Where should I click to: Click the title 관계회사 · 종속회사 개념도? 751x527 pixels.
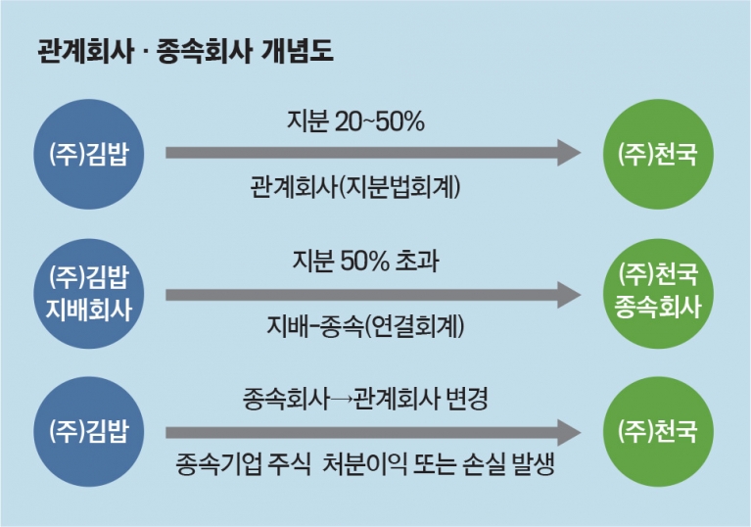click(185, 51)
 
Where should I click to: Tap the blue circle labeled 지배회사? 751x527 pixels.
click(88, 294)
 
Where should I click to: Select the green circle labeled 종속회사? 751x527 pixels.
click(658, 293)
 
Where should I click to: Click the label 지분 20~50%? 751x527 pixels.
click(355, 121)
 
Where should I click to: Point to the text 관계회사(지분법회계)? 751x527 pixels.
click(354, 187)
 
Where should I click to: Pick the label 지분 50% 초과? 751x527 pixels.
click(365, 262)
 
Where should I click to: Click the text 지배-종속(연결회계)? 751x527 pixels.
click(365, 327)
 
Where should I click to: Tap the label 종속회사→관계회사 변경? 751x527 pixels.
click(365, 399)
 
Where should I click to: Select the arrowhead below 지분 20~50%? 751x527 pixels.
click(569, 153)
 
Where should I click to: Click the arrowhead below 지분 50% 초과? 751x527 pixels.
click(569, 295)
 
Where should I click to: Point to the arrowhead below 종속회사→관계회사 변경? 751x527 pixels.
click(569, 433)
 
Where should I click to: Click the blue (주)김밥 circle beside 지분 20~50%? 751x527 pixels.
click(88, 154)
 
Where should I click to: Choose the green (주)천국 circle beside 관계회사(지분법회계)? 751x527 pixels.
click(658, 154)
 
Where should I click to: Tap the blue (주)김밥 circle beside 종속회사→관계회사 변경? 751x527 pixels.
click(88, 432)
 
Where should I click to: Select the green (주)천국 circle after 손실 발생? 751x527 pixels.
click(658, 432)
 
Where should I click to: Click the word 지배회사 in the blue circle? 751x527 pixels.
click(88, 310)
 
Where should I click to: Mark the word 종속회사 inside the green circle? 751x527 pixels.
click(658, 308)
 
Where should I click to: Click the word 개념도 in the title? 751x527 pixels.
click(298, 51)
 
